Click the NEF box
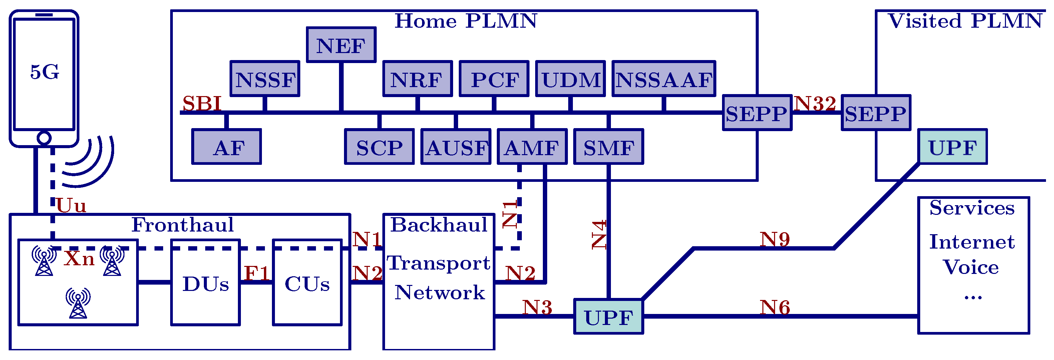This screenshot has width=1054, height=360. tap(341, 45)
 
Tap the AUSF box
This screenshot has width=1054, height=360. tap(456, 147)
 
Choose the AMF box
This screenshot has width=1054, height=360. tap(532, 147)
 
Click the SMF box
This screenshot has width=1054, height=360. tap(609, 147)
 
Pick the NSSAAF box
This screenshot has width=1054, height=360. tap(664, 79)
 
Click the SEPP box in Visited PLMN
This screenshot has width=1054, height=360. tap(875, 113)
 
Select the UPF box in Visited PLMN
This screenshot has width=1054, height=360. tap(953, 147)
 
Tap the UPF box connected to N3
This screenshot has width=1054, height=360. tap(609, 317)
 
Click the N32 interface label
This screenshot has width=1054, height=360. tap(815, 103)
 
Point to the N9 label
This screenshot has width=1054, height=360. tap(774, 239)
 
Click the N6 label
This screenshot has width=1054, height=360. tap(774, 307)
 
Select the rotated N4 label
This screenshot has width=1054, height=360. tap(599, 235)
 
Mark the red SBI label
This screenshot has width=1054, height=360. tap(202, 103)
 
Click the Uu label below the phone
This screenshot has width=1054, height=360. tap(71, 206)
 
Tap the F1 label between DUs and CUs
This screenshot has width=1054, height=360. tap(257, 273)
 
